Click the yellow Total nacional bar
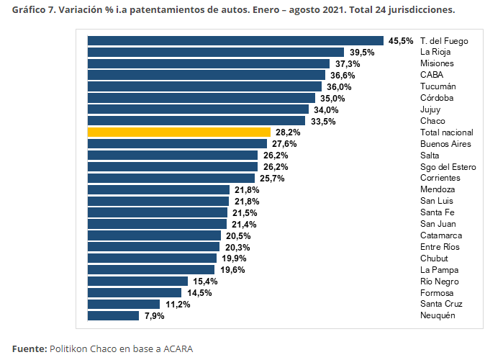click(178, 132)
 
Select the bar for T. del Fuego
click(235, 41)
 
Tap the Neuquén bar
click(113, 315)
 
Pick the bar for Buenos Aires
click(177, 144)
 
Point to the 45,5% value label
click(401, 41)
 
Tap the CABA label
click(432, 75)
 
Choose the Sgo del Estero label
click(448, 167)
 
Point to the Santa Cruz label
click(443, 304)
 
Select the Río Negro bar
click(137, 281)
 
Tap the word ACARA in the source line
click(178, 348)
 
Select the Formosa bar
click(135, 292)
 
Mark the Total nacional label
click(447, 132)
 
